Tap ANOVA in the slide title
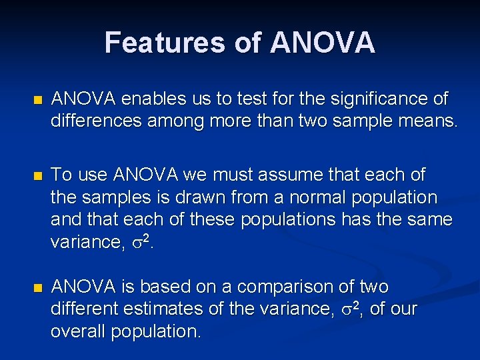(323, 43)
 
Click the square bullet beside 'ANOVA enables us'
(37, 100)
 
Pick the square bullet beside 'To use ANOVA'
(37, 176)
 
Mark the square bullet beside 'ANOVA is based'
(37, 288)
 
